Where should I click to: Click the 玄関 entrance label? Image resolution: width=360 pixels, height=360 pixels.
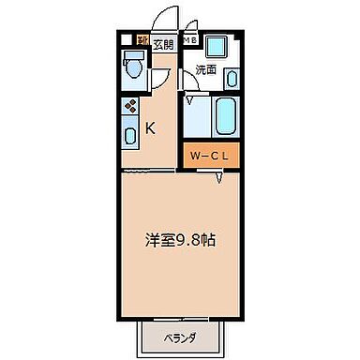pyautogui.click(x=164, y=41)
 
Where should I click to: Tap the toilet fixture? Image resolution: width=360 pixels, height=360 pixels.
pyautogui.click(x=132, y=67)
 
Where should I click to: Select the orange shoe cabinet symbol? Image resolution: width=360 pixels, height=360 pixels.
pyautogui.click(x=143, y=40)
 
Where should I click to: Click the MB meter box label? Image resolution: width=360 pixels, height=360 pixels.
pyautogui.click(x=189, y=40)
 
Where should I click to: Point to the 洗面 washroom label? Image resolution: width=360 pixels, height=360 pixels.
pyautogui.click(x=206, y=70)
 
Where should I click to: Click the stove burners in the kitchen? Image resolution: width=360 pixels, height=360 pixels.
pyautogui.click(x=130, y=108)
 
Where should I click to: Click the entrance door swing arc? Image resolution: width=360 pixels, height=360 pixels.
pyautogui.click(x=166, y=19)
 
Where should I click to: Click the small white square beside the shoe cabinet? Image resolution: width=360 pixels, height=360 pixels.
pyautogui.click(x=127, y=40)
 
